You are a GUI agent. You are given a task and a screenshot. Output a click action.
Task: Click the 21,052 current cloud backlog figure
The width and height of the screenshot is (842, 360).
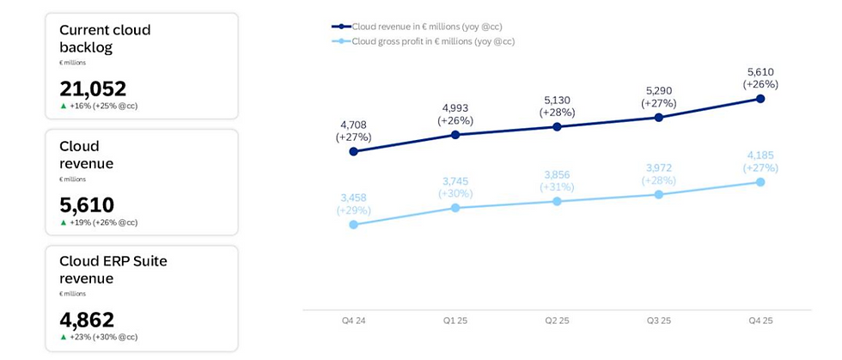click(93, 88)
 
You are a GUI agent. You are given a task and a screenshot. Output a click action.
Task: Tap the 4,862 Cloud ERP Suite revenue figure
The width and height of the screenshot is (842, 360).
click(87, 320)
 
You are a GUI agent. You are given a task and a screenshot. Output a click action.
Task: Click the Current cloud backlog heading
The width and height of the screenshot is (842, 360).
click(105, 38)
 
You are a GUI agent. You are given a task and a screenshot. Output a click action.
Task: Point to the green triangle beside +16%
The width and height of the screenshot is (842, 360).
click(64, 107)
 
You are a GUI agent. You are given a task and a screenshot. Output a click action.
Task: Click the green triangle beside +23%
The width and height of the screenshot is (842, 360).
click(64, 338)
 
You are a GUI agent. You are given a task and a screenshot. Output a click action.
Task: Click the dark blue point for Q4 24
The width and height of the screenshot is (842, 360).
click(354, 151)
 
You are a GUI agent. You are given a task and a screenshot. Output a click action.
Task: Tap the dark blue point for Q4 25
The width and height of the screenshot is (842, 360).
click(760, 99)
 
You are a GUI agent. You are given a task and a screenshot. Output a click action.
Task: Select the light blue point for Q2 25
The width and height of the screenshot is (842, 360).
click(557, 201)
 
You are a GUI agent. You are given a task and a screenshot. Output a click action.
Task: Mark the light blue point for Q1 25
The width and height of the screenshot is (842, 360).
click(455, 208)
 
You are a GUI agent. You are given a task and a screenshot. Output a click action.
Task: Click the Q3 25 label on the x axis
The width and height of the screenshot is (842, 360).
click(658, 320)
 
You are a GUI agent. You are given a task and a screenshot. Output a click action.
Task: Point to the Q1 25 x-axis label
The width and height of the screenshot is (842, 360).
click(455, 320)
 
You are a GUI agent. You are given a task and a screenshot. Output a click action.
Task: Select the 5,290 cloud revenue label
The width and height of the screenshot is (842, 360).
click(658, 89)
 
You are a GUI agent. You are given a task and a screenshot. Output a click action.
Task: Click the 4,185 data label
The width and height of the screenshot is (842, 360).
click(760, 156)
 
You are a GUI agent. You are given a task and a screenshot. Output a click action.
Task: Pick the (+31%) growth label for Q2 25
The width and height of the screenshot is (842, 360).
click(557, 187)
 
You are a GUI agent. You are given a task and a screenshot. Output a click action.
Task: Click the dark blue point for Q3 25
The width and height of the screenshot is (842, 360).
click(659, 117)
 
